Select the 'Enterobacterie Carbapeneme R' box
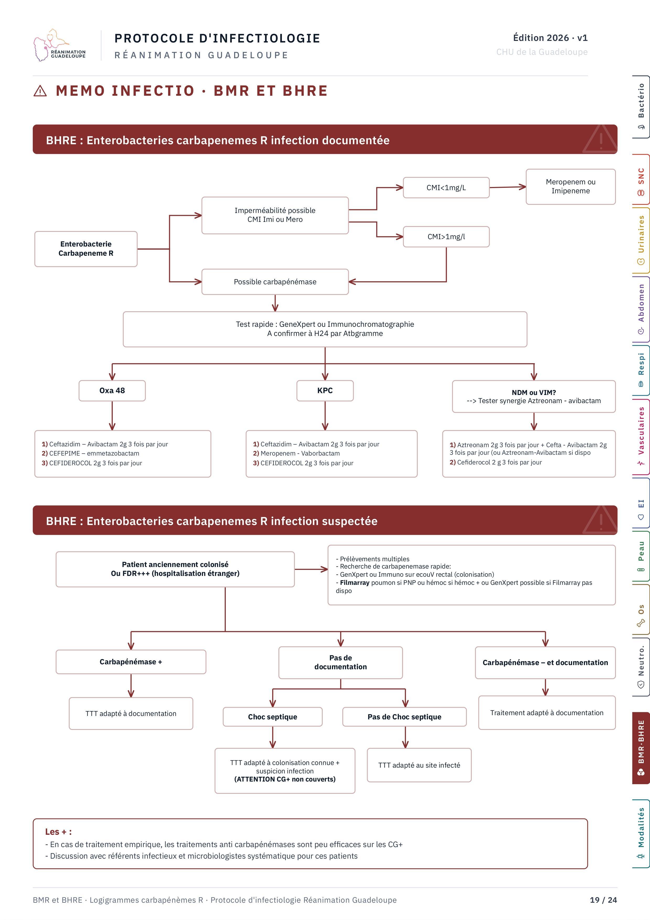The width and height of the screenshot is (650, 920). coord(86,249)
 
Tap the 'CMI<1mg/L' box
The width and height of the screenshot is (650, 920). coord(446,188)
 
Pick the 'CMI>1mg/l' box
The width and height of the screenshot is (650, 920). coord(446,237)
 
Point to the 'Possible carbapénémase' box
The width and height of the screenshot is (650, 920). coord(275,282)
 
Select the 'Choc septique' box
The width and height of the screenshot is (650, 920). coord(272,717)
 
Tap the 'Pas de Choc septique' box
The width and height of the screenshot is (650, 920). coord(405,717)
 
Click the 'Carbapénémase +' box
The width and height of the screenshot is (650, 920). coord(131,662)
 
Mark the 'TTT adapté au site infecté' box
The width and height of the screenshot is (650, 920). coord(419,765)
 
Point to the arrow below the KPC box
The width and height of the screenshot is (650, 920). coord(325,415)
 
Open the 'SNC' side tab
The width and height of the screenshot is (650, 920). coord(641,180)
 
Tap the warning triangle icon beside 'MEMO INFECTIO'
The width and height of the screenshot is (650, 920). coord(40,91)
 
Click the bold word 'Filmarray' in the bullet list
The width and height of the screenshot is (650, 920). coord(354,583)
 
